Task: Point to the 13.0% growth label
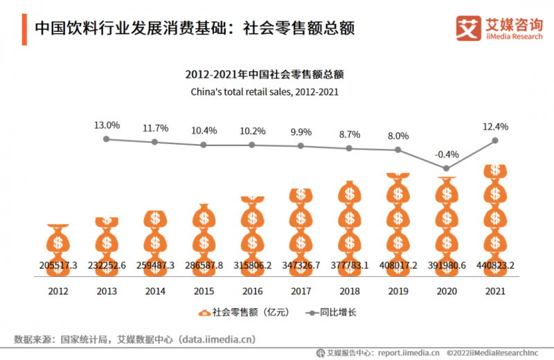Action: point(107,125)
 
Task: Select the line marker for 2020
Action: point(447,168)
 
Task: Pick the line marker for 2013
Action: point(107,139)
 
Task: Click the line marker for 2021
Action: point(495,141)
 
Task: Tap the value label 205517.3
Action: point(58,265)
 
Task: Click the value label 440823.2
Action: point(495,265)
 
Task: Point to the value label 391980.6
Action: point(447,265)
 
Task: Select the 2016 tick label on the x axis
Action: point(252,291)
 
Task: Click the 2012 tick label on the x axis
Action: point(58,291)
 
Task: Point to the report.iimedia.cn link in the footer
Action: point(406,352)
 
